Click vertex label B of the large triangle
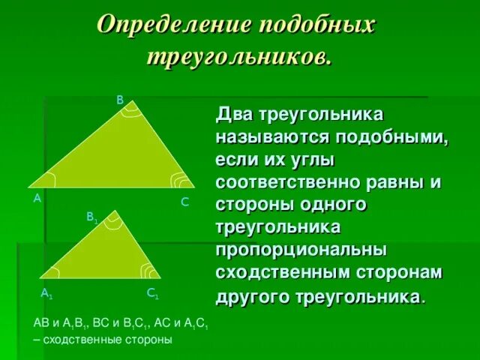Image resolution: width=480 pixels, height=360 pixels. pyautogui.click(x=119, y=100)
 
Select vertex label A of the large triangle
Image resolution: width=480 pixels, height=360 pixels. pyautogui.click(x=37, y=199)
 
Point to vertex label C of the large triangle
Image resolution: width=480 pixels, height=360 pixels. pyautogui.click(x=184, y=202)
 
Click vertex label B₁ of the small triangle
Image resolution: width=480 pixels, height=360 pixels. pyautogui.click(x=91, y=217)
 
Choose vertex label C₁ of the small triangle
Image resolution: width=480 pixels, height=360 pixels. pyautogui.click(x=152, y=293)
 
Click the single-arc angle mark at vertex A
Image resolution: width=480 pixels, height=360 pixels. pyautogui.click(x=49, y=180)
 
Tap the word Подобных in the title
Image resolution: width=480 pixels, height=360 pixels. pyautogui.click(x=316, y=25)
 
